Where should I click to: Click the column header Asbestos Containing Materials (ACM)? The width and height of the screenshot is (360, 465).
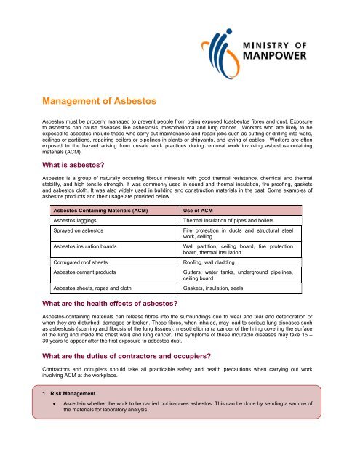(x=100, y=210)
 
